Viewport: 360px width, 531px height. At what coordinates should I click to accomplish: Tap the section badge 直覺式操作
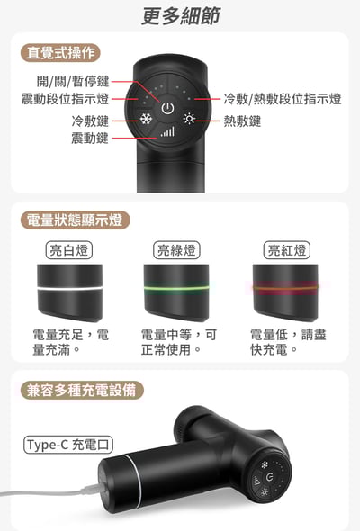point(59,53)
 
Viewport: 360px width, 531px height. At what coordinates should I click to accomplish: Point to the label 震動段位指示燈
point(65,99)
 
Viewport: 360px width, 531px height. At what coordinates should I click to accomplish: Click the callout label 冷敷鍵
point(90,121)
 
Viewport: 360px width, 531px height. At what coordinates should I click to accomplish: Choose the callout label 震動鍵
point(90,138)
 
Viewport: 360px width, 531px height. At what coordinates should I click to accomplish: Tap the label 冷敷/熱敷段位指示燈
point(282,99)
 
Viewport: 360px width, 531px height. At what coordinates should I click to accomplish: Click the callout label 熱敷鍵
point(242,121)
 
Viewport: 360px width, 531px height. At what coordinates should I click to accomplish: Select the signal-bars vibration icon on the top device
point(166,131)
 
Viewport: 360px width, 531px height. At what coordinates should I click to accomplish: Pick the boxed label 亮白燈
point(68,249)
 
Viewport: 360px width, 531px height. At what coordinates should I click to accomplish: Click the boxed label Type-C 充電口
point(69,444)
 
